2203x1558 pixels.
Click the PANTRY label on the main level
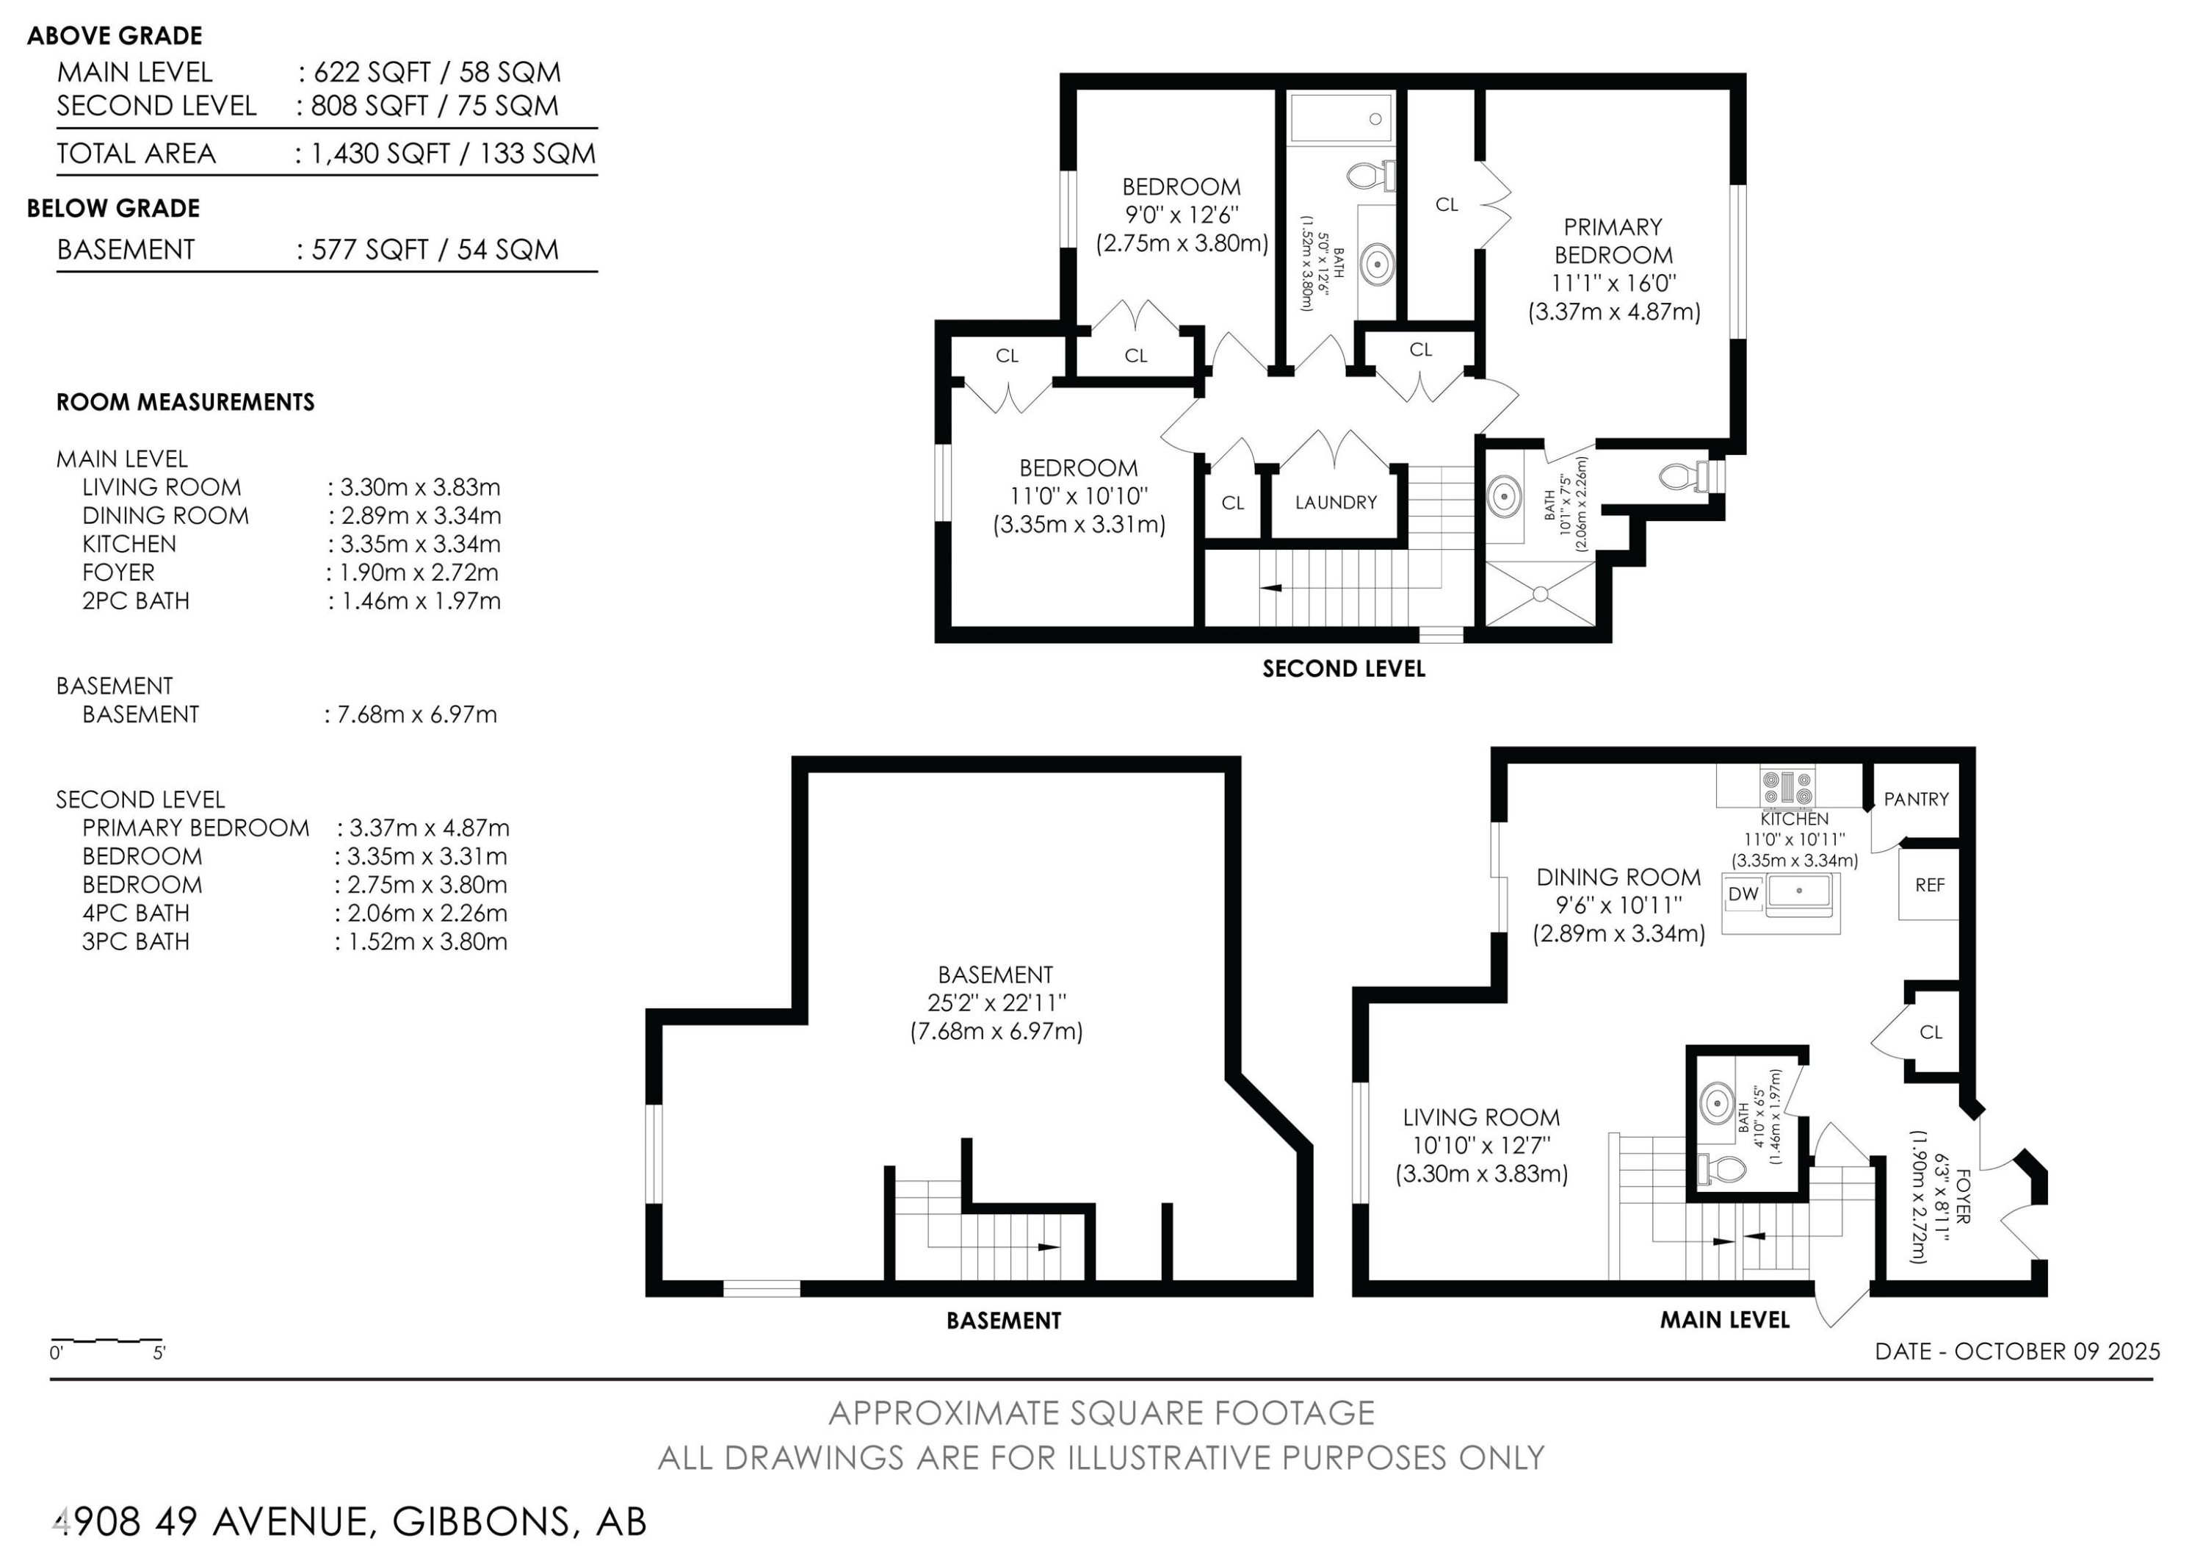click(1915, 799)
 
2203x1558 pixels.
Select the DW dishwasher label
click(1743, 894)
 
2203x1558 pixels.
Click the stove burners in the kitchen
click(1787, 786)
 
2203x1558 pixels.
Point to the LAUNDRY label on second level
click(1336, 502)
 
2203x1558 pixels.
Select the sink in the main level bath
click(1717, 1103)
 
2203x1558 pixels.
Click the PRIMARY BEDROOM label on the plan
click(1613, 241)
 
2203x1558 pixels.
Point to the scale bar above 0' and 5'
click(106, 1339)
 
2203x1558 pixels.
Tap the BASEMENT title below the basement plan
click(1004, 1321)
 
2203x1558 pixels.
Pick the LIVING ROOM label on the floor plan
click(1481, 1117)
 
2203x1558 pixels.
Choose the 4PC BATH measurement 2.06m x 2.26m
click(427, 913)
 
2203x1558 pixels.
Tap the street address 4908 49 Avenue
click(210, 1521)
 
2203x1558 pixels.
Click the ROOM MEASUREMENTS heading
click(185, 402)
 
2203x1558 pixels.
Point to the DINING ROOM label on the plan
click(1618, 877)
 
